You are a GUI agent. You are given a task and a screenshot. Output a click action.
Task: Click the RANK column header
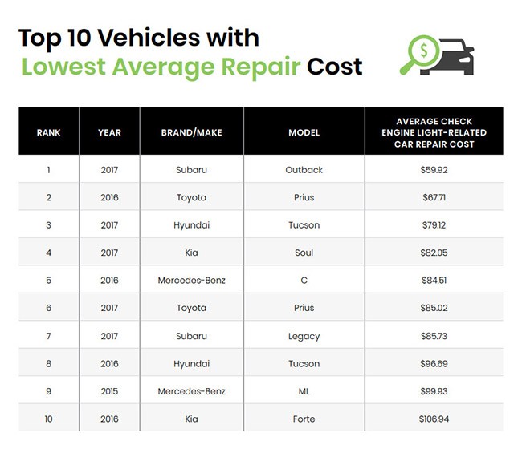click(x=48, y=132)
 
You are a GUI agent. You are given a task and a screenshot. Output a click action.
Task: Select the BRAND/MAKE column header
click(x=191, y=132)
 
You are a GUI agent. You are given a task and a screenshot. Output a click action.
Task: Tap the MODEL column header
click(x=304, y=132)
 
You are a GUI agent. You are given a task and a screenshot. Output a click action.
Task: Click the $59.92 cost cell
click(x=434, y=170)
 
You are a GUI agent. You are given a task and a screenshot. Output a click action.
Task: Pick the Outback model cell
click(x=304, y=170)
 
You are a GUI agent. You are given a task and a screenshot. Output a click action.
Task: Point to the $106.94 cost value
click(x=434, y=419)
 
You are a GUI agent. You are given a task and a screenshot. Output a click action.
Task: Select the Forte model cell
click(x=304, y=419)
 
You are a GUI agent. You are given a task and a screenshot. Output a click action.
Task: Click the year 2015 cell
click(x=109, y=391)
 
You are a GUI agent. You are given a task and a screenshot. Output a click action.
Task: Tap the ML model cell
click(x=304, y=391)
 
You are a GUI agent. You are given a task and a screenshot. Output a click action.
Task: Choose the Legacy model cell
click(x=304, y=336)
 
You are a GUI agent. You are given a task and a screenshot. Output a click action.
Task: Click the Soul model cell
click(x=304, y=253)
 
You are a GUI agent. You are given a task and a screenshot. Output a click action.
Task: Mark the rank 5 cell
click(x=48, y=281)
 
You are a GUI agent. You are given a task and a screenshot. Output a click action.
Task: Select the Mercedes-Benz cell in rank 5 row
click(x=191, y=281)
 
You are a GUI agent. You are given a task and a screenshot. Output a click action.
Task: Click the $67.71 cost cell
click(x=434, y=197)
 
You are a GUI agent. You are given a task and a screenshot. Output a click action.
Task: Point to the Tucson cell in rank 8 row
click(x=304, y=364)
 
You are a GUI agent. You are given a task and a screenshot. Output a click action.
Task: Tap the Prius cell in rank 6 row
click(x=304, y=308)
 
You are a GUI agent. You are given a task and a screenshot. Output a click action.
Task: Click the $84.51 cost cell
click(x=434, y=281)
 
